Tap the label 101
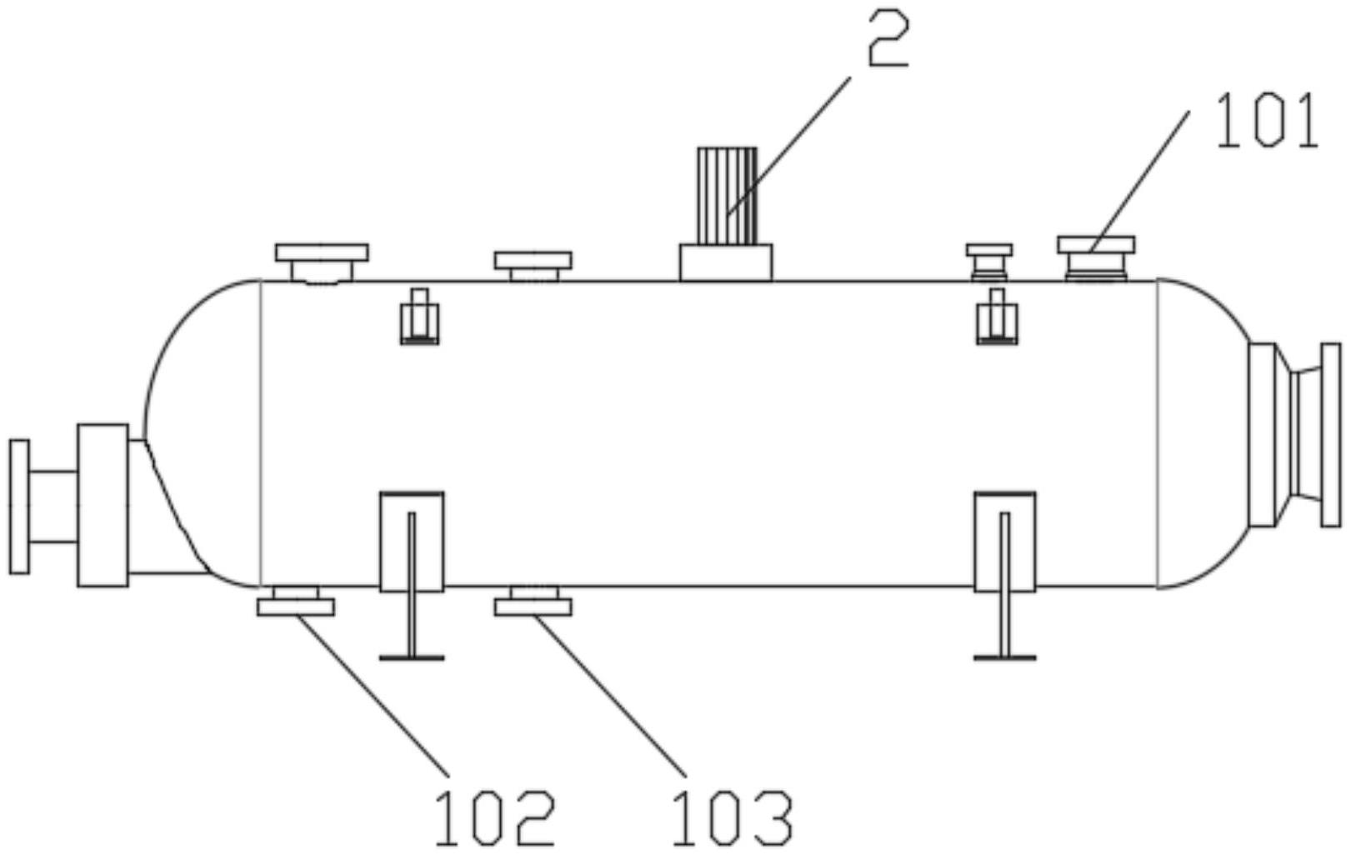[x=1267, y=121]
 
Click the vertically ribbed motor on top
[x=727, y=196]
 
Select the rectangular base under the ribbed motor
[x=726, y=262]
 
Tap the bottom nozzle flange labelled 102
[x=296, y=606]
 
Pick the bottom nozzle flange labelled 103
[x=533, y=606]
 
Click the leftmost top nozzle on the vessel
[x=322, y=262]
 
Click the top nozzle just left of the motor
[x=533, y=266]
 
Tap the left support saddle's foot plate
[x=412, y=657]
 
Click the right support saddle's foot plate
[x=1005, y=657]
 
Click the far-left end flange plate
[x=19, y=507]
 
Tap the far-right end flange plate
[x=1331, y=435]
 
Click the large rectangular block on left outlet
[x=103, y=505]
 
